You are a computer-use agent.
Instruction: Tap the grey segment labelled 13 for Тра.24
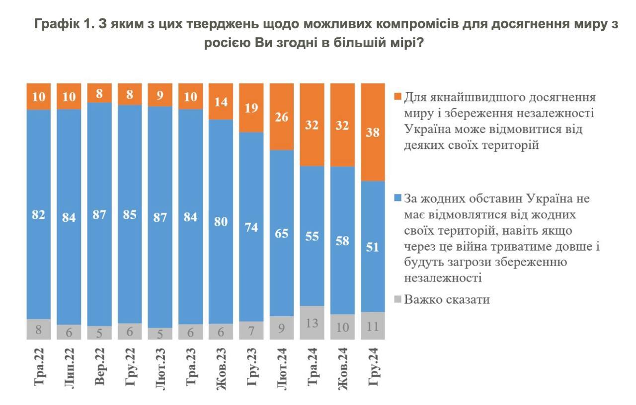312,322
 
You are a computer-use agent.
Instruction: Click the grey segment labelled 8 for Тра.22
38,329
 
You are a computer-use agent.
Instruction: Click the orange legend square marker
397,96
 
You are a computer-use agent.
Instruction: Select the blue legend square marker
397,198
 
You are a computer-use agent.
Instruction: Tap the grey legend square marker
397,299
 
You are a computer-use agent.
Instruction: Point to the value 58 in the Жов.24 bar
342,241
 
